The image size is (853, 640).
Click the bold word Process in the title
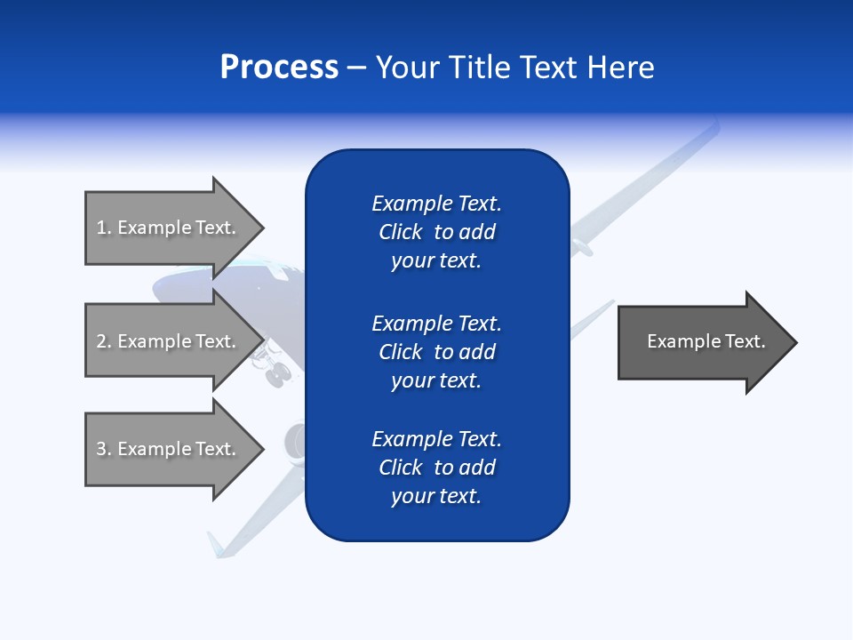(279, 68)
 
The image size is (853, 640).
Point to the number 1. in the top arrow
(104, 228)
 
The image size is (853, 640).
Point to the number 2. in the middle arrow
(104, 341)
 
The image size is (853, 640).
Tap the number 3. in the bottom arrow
(104, 449)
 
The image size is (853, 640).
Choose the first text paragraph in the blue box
(436, 232)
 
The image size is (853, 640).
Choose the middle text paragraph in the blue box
(436, 352)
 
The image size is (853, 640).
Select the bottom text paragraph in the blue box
(436, 468)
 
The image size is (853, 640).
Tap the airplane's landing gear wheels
(276, 373)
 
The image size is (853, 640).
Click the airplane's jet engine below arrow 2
(294, 440)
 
